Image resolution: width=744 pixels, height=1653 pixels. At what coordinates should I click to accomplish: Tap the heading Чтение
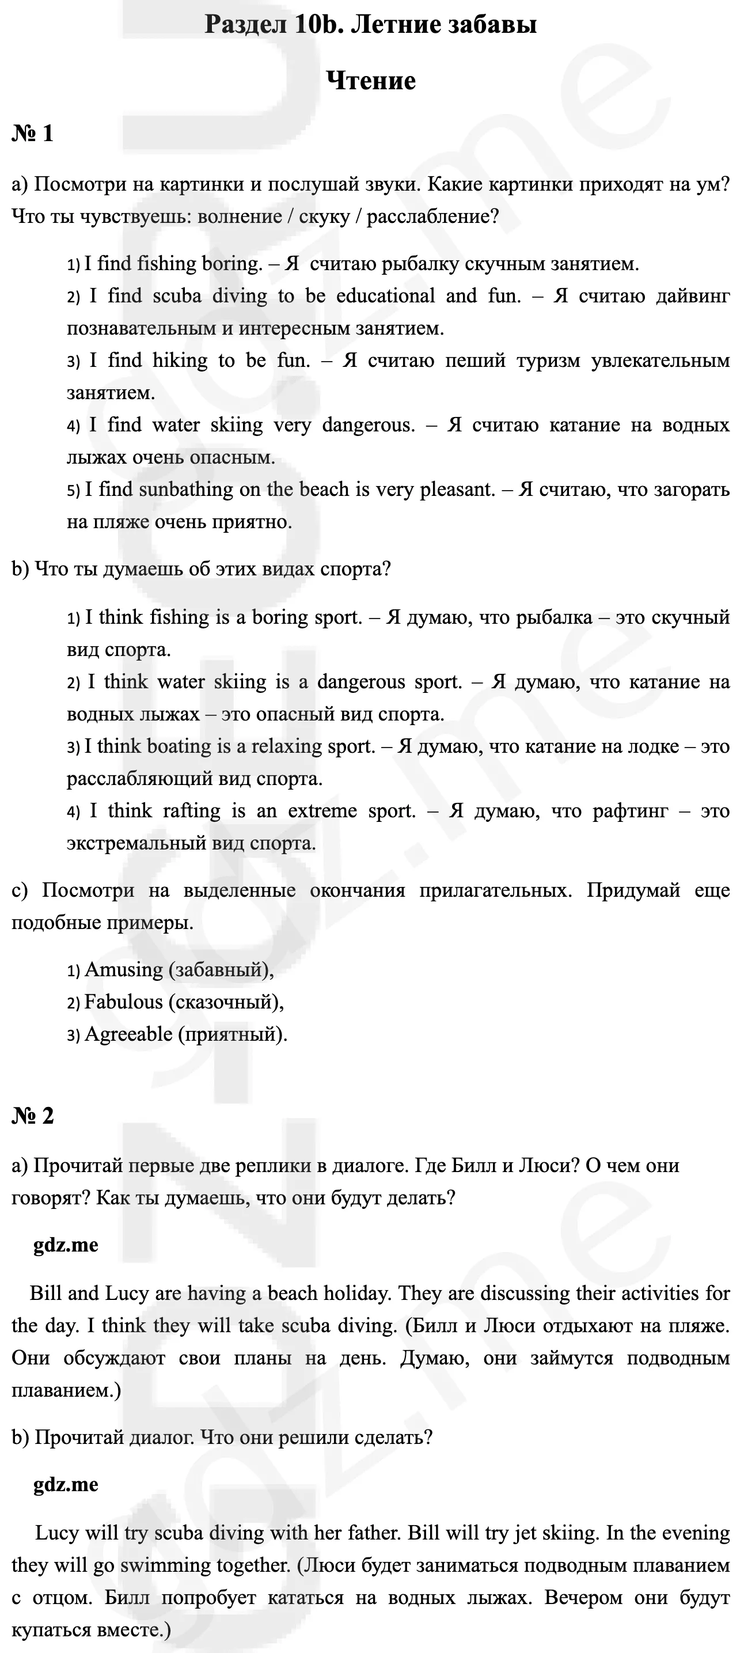tap(371, 81)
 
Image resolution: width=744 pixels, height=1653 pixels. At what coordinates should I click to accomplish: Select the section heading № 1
tap(32, 134)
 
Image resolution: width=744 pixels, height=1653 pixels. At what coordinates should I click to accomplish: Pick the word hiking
tap(180, 361)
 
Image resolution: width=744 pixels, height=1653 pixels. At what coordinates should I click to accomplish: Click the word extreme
tap(322, 811)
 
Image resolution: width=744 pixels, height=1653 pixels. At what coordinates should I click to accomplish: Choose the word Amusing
tap(124, 969)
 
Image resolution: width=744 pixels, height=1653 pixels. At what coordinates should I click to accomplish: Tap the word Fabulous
tap(124, 1002)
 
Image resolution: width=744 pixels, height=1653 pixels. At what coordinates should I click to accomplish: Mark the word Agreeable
tap(128, 1034)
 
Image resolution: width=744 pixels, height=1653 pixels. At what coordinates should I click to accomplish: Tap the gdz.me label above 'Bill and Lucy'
tap(66, 1245)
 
